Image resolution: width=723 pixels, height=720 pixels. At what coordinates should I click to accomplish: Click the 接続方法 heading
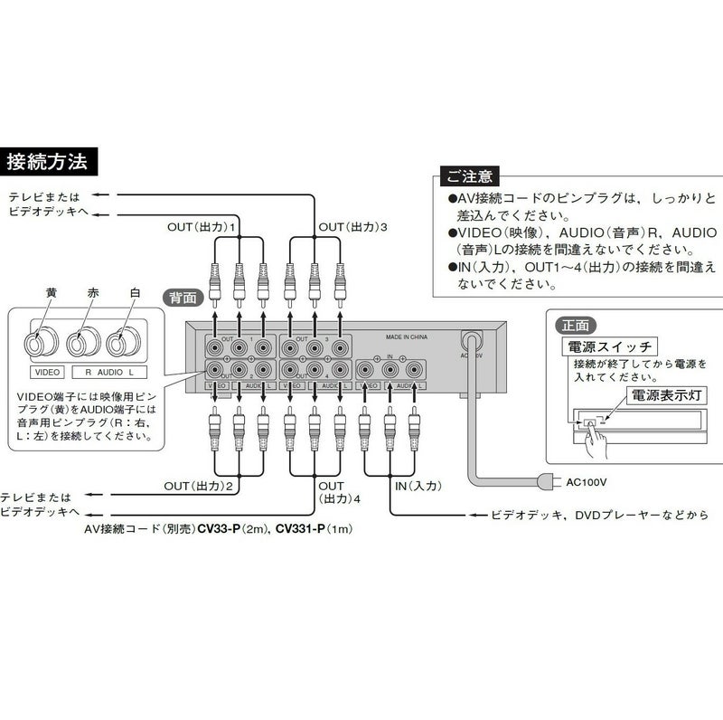[47, 163]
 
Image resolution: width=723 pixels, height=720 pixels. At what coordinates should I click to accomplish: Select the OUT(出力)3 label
[352, 226]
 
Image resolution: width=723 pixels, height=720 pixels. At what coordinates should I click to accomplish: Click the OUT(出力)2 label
[200, 486]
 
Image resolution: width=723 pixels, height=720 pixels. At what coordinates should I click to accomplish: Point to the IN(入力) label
[418, 486]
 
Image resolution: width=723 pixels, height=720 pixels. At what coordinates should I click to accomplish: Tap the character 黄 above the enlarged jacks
[52, 293]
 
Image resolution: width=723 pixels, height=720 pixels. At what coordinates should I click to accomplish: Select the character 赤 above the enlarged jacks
[93, 293]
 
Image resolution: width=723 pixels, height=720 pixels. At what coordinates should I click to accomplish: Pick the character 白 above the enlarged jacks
[135, 293]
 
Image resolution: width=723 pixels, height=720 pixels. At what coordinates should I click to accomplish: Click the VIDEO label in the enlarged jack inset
[46, 372]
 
